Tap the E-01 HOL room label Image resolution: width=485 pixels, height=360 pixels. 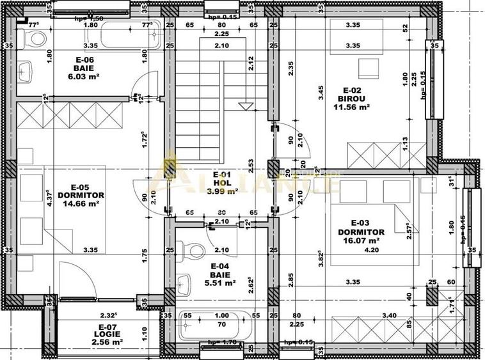click(x=221, y=182)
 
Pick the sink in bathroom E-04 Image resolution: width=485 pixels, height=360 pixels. click(x=185, y=282)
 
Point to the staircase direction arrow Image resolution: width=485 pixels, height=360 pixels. click(x=244, y=104)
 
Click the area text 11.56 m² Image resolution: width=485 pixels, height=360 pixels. click(x=351, y=107)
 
